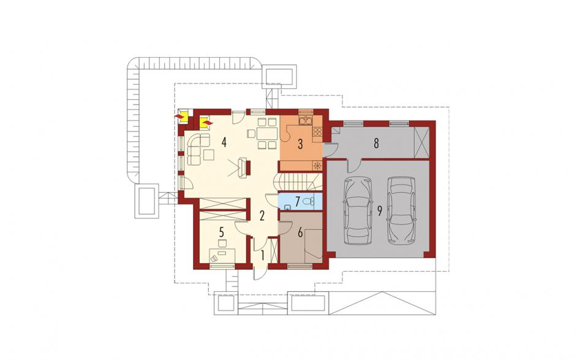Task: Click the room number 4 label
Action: (224, 142)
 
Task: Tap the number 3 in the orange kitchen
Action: (300, 144)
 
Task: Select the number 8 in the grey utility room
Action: (376, 144)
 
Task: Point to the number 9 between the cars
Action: (380, 211)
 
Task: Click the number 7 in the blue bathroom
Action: (298, 201)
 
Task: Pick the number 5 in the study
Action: (221, 232)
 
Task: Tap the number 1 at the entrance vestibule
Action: (263, 255)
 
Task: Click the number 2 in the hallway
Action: (262, 215)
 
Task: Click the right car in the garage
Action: (402, 211)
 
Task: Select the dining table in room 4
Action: (267, 133)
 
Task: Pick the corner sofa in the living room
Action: (197, 147)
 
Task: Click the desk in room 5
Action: (222, 255)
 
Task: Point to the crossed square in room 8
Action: (422, 143)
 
